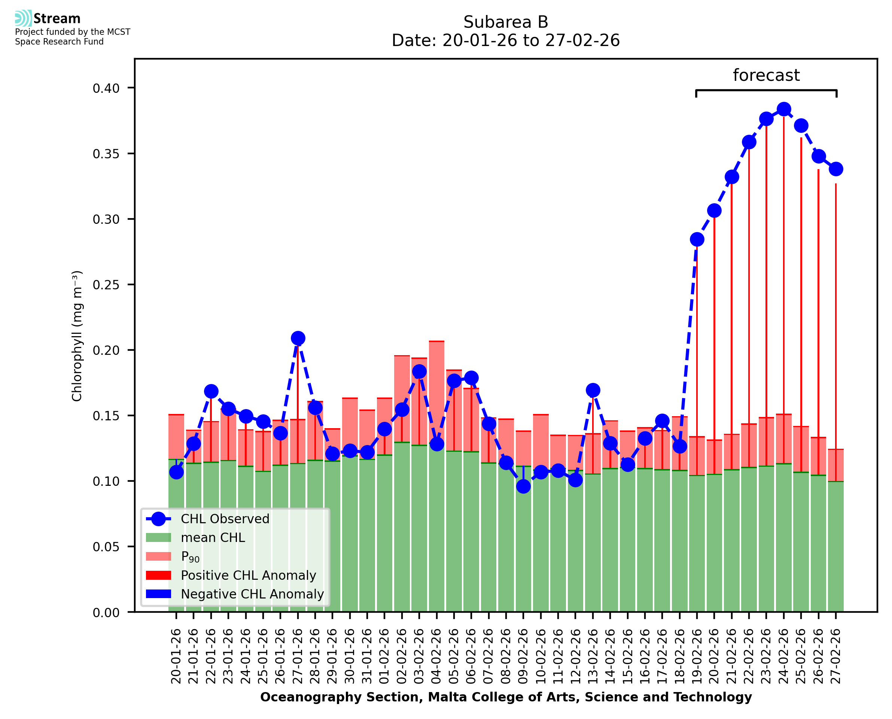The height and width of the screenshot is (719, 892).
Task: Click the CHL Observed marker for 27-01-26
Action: [298, 338]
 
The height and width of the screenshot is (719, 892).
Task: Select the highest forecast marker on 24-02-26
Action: [783, 109]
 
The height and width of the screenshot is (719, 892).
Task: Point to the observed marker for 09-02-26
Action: [523, 487]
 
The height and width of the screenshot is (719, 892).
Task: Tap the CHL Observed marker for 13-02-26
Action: [593, 390]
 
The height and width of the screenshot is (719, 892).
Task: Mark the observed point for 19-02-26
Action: [697, 240]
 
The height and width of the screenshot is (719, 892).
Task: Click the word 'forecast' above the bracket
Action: [766, 75]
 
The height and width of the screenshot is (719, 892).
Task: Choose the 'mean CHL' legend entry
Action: [213, 537]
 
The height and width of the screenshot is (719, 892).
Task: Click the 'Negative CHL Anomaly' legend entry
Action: [252, 594]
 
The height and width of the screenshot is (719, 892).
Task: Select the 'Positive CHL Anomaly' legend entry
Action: [249, 575]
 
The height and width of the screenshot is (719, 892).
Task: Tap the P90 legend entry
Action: [190, 557]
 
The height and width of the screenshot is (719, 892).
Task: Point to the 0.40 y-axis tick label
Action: [106, 88]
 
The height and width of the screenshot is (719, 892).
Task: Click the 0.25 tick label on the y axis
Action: [106, 285]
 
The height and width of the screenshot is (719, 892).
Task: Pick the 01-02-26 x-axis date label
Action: [384, 656]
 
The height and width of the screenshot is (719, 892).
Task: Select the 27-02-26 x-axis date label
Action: [836, 656]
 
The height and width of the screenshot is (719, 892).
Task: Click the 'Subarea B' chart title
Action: [506, 22]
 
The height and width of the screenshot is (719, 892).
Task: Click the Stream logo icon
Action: [23, 18]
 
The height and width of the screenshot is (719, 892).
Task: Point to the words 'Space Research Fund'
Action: [59, 42]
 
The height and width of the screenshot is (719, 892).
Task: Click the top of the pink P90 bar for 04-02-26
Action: [436, 342]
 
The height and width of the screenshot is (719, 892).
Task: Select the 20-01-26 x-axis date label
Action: [176, 656]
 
